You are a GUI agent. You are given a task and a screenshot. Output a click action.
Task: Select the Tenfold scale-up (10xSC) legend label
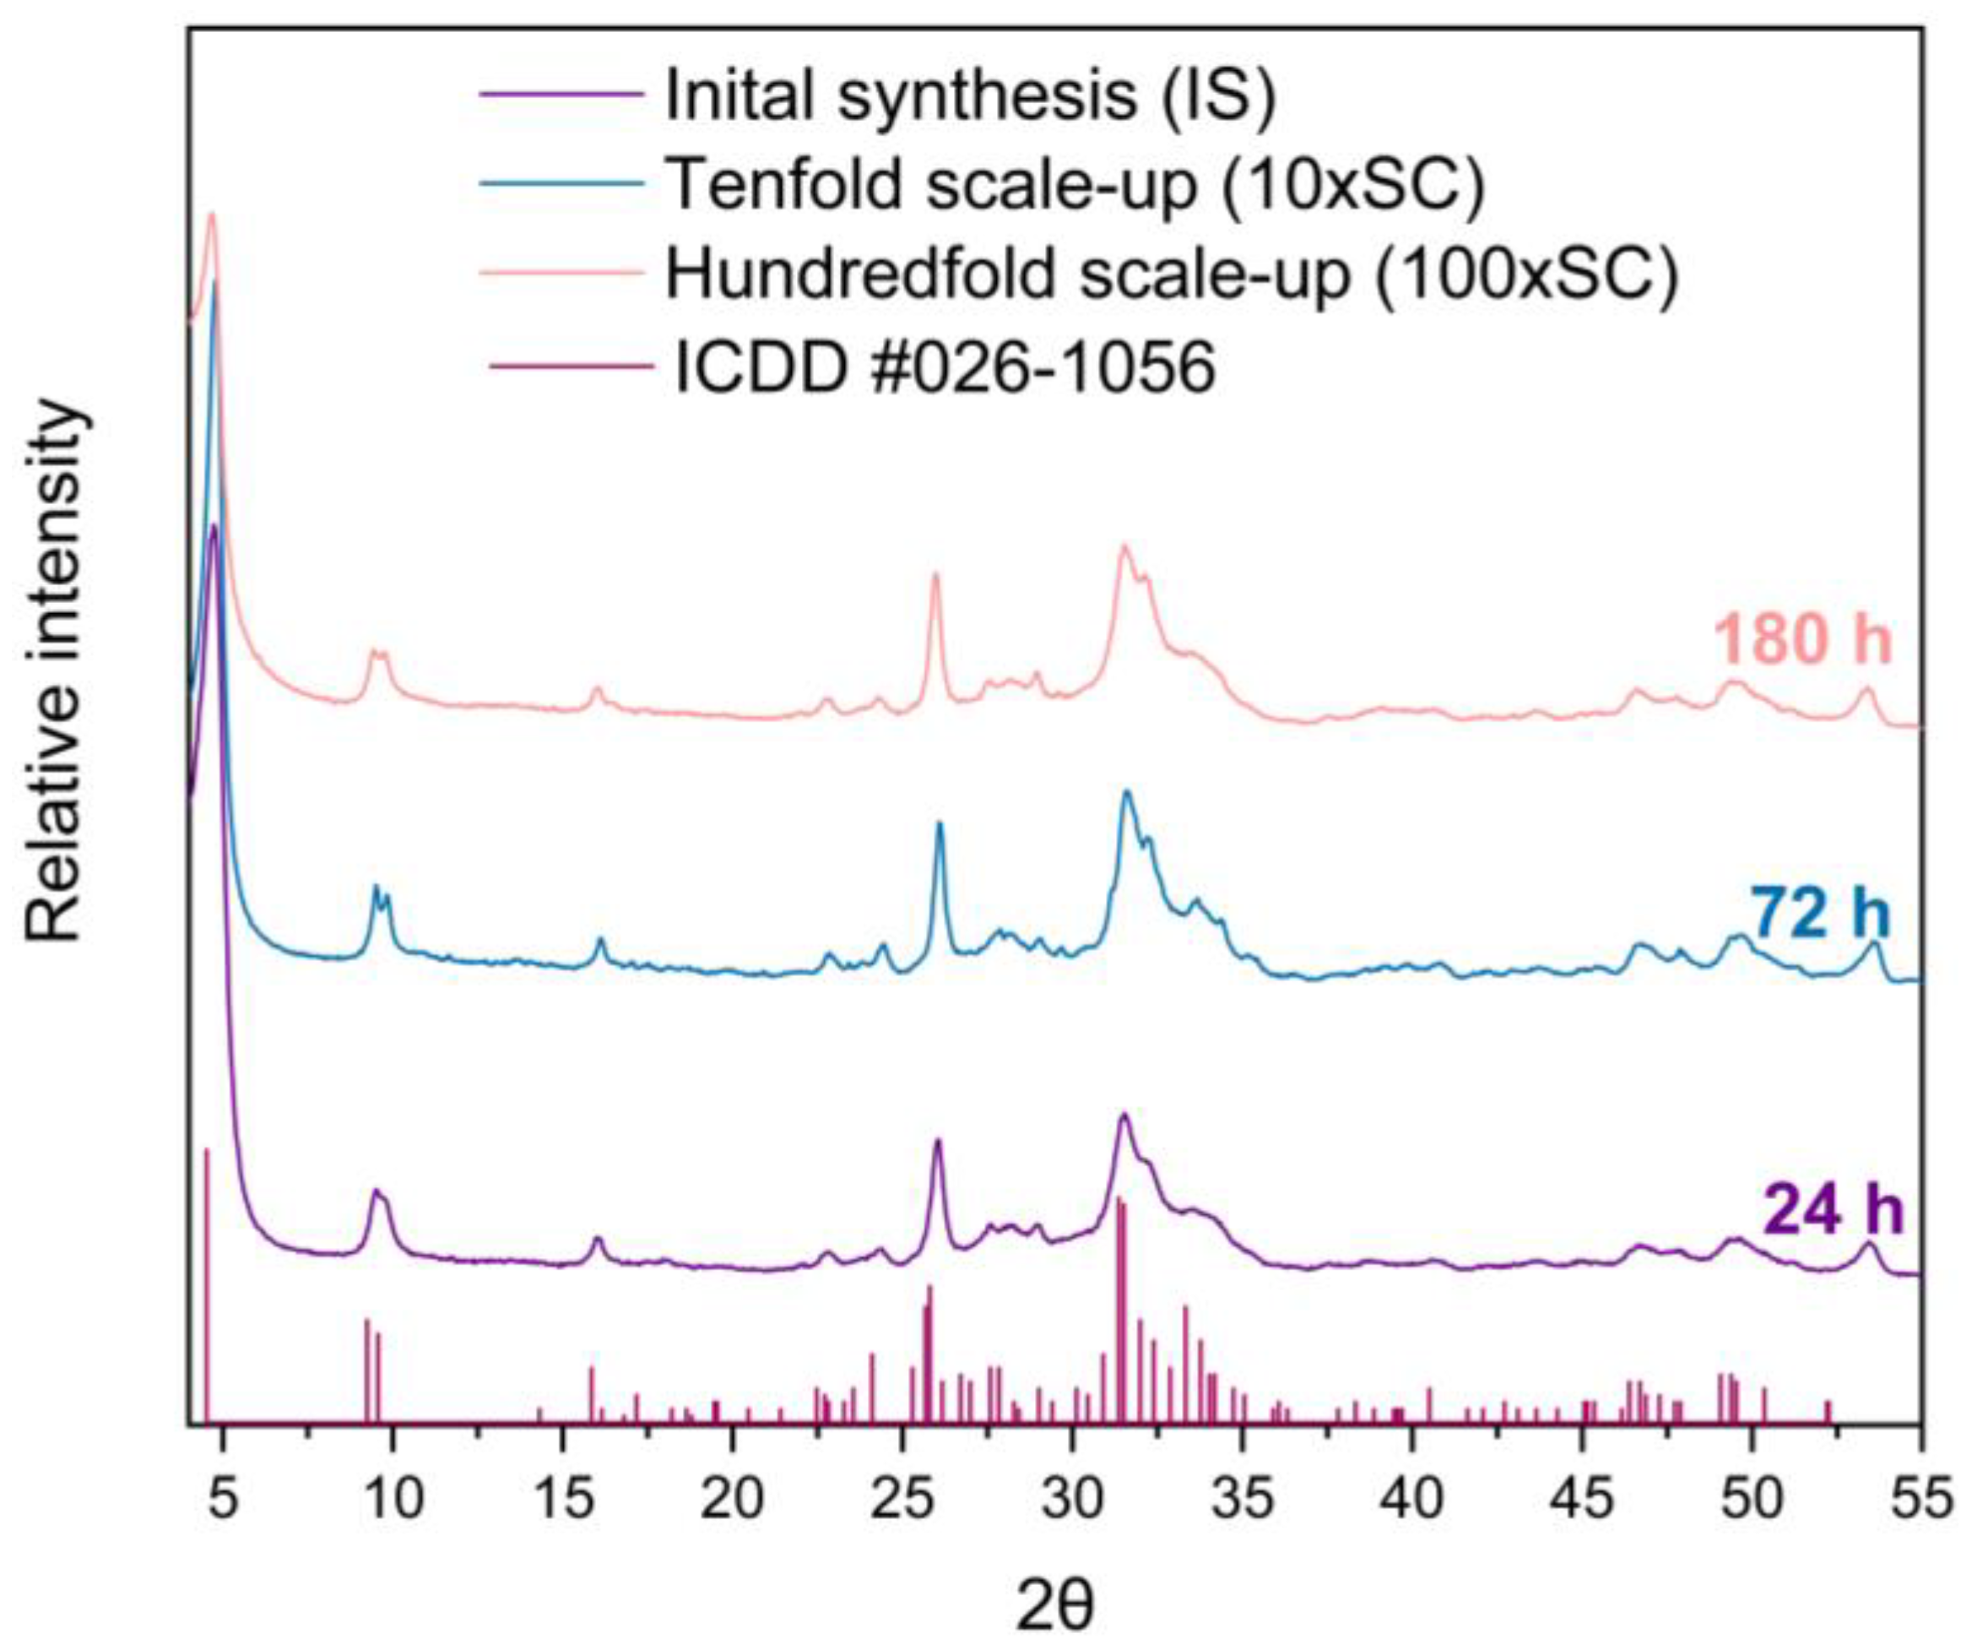(1075, 184)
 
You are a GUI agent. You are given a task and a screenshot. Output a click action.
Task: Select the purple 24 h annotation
(1832, 1213)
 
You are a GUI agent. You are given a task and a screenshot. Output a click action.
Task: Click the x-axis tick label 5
(223, 1500)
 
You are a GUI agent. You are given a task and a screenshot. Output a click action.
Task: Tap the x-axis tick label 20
(732, 1500)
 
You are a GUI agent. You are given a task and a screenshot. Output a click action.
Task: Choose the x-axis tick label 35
(1243, 1500)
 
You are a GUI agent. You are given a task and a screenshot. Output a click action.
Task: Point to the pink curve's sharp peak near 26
(935, 577)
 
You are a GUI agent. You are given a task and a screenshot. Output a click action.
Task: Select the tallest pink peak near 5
(211, 216)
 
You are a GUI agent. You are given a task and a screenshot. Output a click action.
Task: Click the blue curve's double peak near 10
(381, 893)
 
